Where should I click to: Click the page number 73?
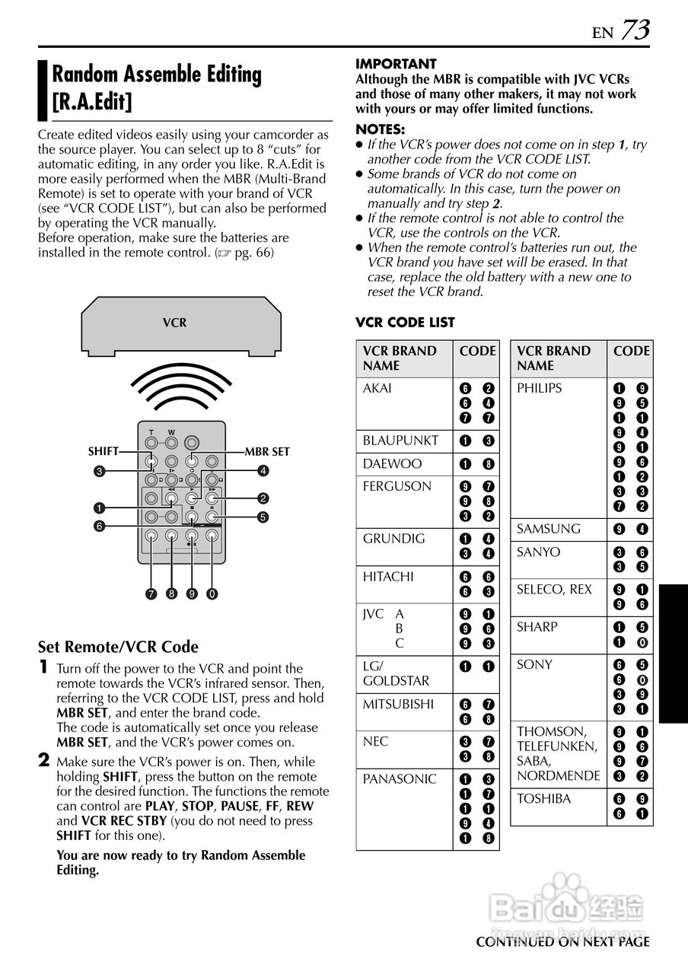pos(635,30)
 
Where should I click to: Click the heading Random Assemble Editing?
pos(156,75)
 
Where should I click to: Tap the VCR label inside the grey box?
pos(174,323)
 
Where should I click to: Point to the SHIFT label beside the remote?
pos(103,451)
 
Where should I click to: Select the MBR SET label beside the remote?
pos(267,451)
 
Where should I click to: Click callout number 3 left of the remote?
pos(99,471)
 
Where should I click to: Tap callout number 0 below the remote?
pos(212,594)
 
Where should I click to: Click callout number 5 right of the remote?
pos(263,517)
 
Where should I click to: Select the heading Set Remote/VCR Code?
pos(118,647)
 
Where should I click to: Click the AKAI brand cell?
pos(377,388)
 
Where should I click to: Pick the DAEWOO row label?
pos(392,463)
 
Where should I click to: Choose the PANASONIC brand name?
pos(400,779)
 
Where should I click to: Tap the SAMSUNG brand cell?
pos(549,529)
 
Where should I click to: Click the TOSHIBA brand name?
pos(544,798)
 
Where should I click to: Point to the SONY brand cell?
pos(535,664)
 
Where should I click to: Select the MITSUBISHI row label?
pos(400,704)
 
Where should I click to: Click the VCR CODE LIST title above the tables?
pos(405,323)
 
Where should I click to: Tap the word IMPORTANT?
pos(396,64)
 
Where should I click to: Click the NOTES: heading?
pos(381,129)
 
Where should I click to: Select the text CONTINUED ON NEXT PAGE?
pos(562,942)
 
